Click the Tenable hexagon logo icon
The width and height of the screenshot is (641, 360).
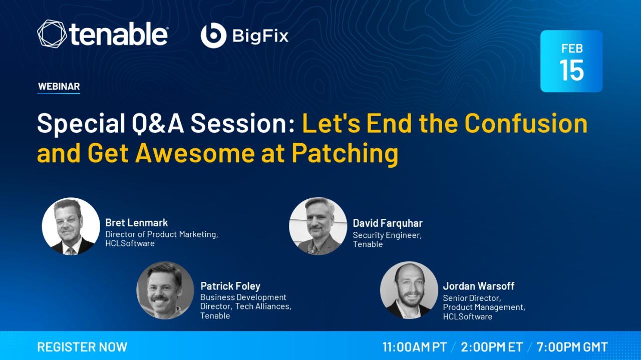(52, 34)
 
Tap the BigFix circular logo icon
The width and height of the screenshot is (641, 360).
(213, 35)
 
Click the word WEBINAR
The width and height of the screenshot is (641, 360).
(59, 86)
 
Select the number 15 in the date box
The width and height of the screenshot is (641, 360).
(571, 70)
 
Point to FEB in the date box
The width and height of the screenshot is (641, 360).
(572, 49)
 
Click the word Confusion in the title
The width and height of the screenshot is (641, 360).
(526, 123)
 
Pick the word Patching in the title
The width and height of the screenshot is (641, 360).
(345, 154)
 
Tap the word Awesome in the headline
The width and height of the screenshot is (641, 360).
(195, 154)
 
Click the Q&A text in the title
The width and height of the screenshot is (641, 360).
(158, 123)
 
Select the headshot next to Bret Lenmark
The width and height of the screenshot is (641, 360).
(71, 226)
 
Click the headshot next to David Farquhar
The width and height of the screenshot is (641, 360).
(318, 226)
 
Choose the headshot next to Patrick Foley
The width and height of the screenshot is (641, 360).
(165, 290)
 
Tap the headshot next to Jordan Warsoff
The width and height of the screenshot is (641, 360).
(409, 290)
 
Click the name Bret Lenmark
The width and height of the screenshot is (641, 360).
(137, 223)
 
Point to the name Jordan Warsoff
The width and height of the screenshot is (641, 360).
(478, 286)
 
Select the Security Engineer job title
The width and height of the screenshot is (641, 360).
(387, 235)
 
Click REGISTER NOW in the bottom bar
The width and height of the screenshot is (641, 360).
(82, 347)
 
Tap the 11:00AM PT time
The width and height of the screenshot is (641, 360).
(415, 347)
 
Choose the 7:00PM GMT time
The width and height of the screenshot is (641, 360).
(572, 347)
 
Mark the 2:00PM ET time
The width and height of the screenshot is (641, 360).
(492, 347)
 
